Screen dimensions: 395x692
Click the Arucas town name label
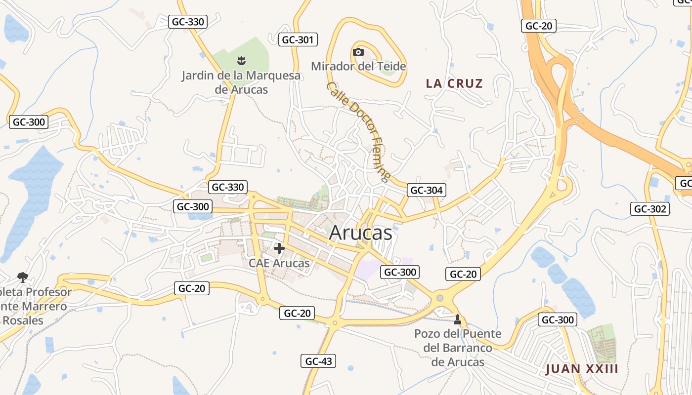(360, 233)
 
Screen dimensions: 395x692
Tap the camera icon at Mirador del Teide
(358, 52)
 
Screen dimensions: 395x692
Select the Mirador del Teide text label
(358, 66)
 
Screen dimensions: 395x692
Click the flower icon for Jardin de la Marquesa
(241, 61)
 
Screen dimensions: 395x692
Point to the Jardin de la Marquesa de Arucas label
(241, 82)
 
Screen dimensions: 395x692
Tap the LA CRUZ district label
(454, 83)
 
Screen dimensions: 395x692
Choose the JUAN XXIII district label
(582, 369)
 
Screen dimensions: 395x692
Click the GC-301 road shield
(298, 40)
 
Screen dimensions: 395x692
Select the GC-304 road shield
(427, 190)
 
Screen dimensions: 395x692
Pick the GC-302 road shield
(650, 209)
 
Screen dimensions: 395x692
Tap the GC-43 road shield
(318, 361)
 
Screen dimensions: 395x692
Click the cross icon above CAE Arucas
(279, 248)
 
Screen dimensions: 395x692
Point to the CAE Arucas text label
(279, 263)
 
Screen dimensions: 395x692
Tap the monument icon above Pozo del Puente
(458, 319)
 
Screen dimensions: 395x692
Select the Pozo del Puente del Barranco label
(458, 348)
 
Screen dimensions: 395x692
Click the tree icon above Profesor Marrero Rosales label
(22, 277)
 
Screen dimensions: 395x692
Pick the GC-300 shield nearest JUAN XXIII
(558, 319)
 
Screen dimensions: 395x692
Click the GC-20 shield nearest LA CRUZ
(539, 26)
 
